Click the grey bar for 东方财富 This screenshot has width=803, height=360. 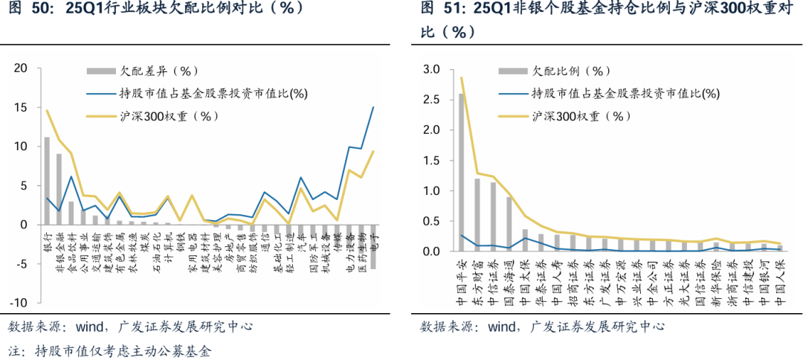click(478, 215)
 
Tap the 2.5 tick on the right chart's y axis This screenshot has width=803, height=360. click(430, 100)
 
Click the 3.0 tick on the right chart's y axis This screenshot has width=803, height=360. click(430, 69)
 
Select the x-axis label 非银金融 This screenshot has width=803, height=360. click(59, 250)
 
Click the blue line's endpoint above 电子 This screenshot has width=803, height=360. click(373, 107)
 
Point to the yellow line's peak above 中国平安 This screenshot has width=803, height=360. click(462, 78)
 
